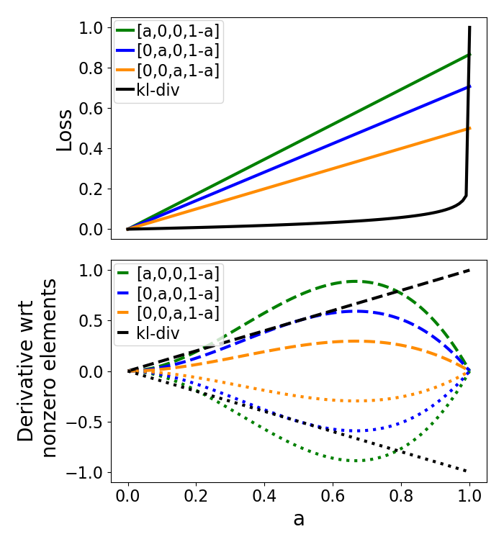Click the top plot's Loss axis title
[x=65, y=130]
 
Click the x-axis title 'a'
[x=299, y=519]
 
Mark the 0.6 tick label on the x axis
[x=333, y=496]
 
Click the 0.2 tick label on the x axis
[x=197, y=496]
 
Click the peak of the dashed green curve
[x=355, y=281]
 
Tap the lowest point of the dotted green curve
[x=355, y=461]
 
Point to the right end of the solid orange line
[x=469, y=128]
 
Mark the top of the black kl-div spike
[x=469, y=27]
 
